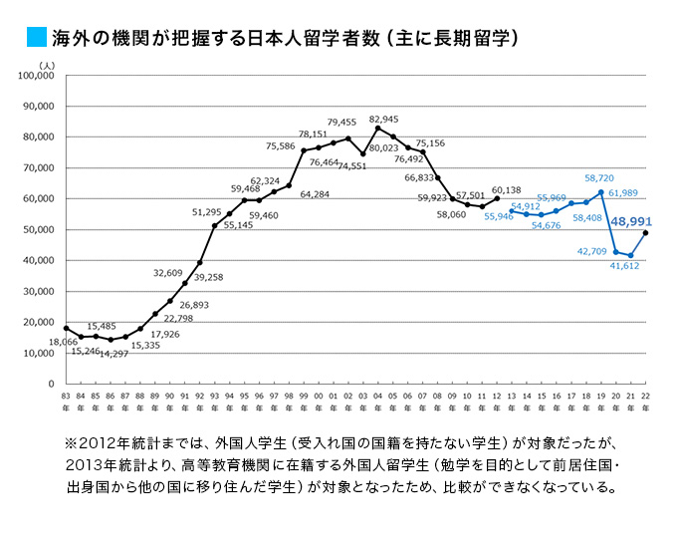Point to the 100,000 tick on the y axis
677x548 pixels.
37,76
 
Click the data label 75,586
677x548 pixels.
282,146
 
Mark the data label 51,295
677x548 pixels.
207,212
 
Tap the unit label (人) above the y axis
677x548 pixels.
46,64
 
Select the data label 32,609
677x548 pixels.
167,272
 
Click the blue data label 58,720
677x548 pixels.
598,177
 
